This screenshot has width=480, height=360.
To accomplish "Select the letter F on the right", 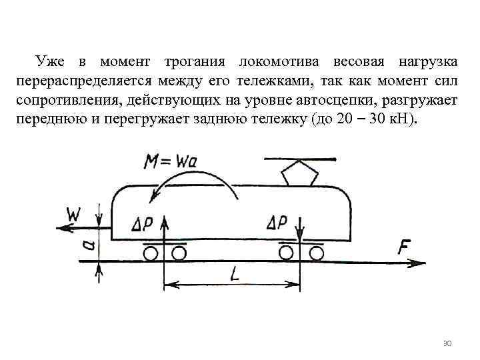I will pyautogui.click(x=404, y=247).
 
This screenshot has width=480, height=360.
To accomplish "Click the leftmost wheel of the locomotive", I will pyautogui.click(x=151, y=253).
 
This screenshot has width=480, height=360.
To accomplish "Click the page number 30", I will pyautogui.click(x=447, y=343).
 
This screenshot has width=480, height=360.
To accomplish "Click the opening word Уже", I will pyautogui.click(x=51, y=62).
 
